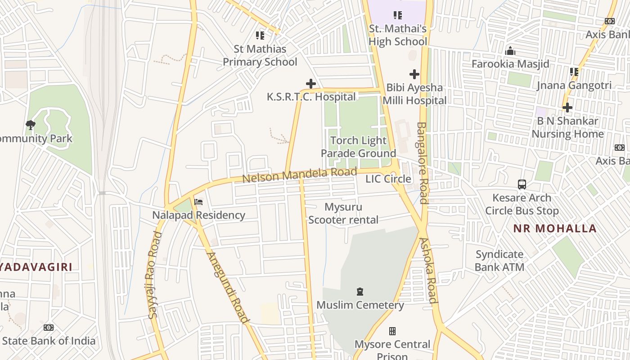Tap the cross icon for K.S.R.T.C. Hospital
click(x=310, y=84)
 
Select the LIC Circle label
click(x=388, y=179)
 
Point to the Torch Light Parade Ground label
click(x=358, y=147)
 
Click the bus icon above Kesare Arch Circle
click(x=522, y=184)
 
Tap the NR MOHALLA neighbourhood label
click(x=555, y=228)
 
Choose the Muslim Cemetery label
click(x=360, y=305)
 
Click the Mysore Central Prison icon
click(x=392, y=331)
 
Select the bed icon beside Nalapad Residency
click(x=198, y=202)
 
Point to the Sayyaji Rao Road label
click(x=153, y=275)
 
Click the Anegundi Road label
click(x=228, y=288)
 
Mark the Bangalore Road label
click(x=422, y=163)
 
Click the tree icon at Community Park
click(x=31, y=125)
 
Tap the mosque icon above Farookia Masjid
click(x=510, y=50)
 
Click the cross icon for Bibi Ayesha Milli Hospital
click(x=414, y=74)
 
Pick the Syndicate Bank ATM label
click(x=499, y=261)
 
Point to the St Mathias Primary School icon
click(x=260, y=35)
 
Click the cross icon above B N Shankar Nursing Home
click(x=567, y=108)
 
